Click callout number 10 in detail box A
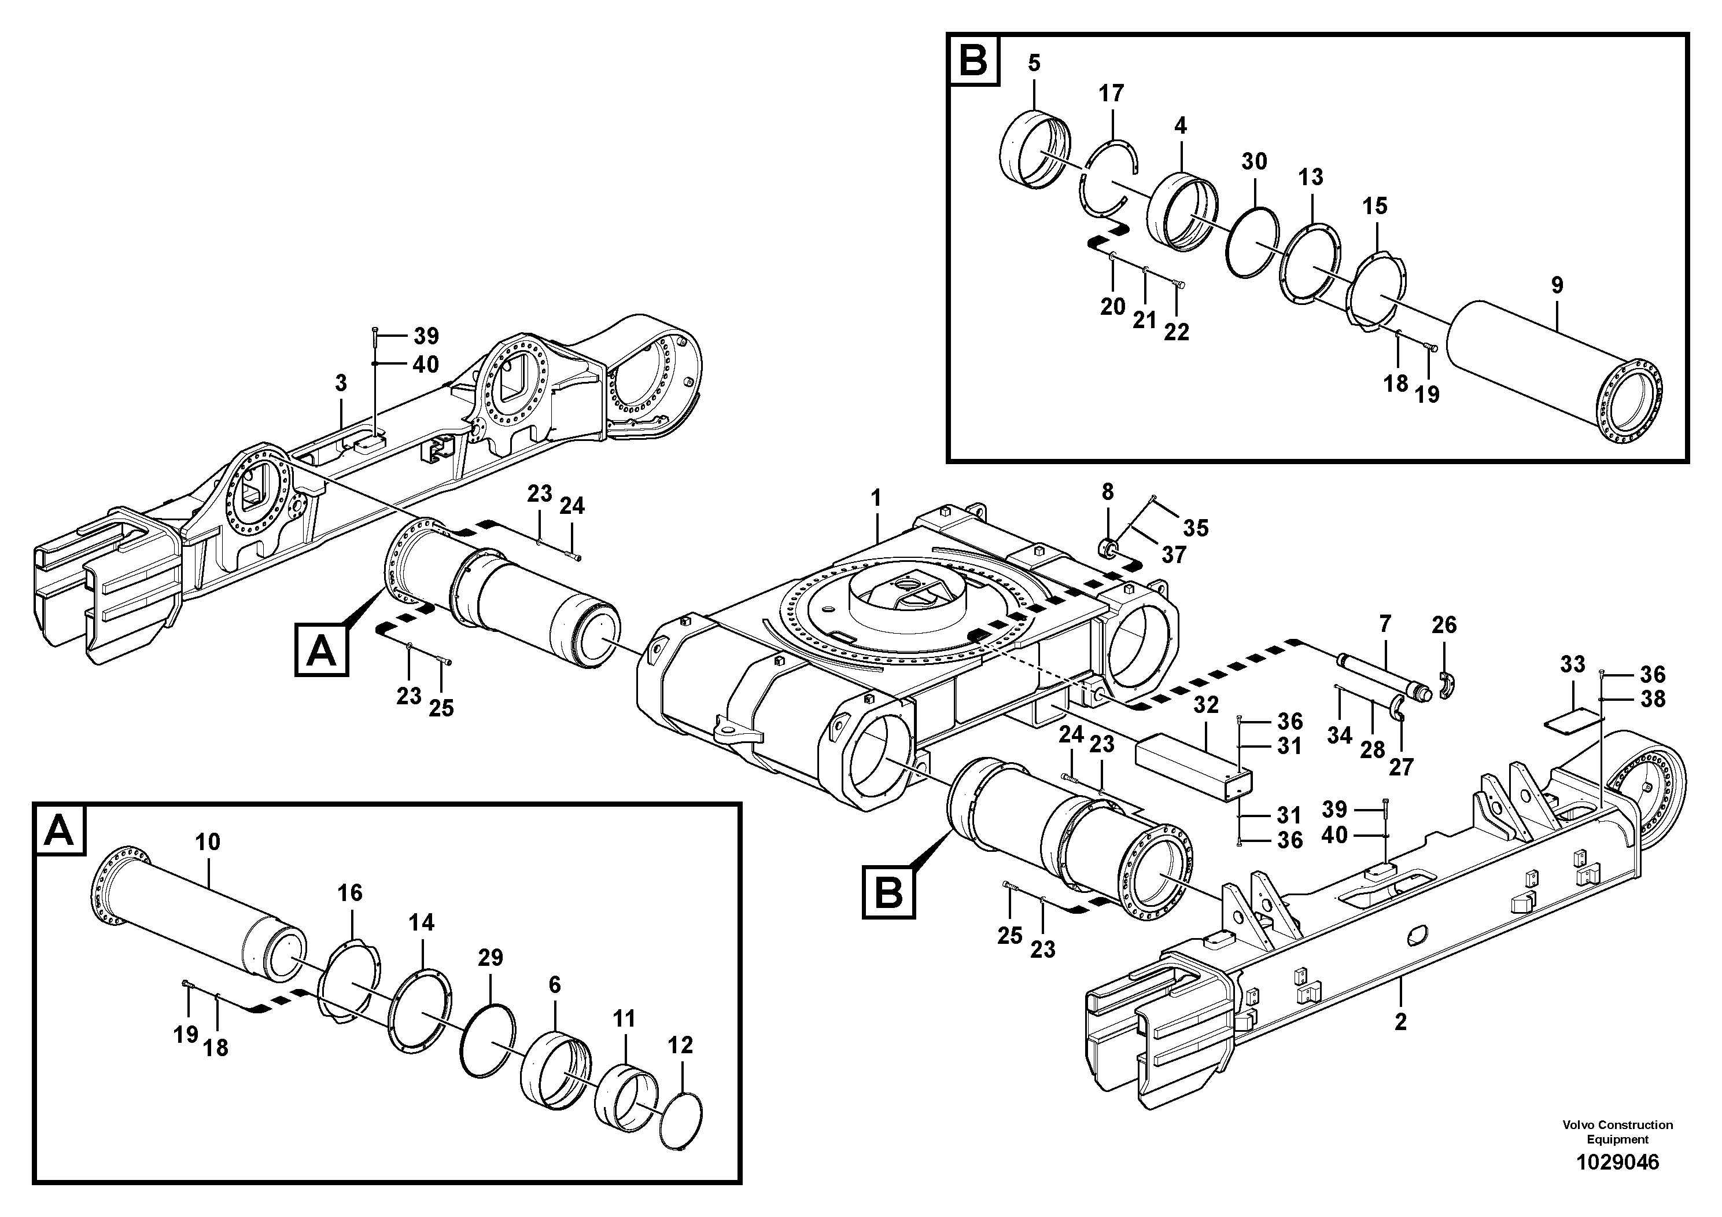click(x=208, y=842)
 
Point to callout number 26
click(x=1444, y=625)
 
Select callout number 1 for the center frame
click(x=875, y=498)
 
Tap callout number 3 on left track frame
click(x=341, y=384)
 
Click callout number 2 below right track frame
click(x=1400, y=1022)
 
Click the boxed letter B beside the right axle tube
click(x=888, y=892)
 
